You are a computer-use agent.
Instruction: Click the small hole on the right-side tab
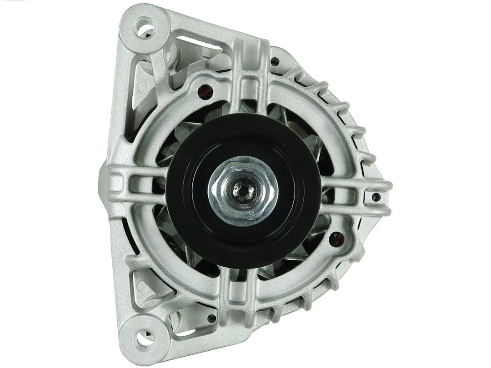tap(376, 197)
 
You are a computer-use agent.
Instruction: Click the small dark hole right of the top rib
tap(275, 61)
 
